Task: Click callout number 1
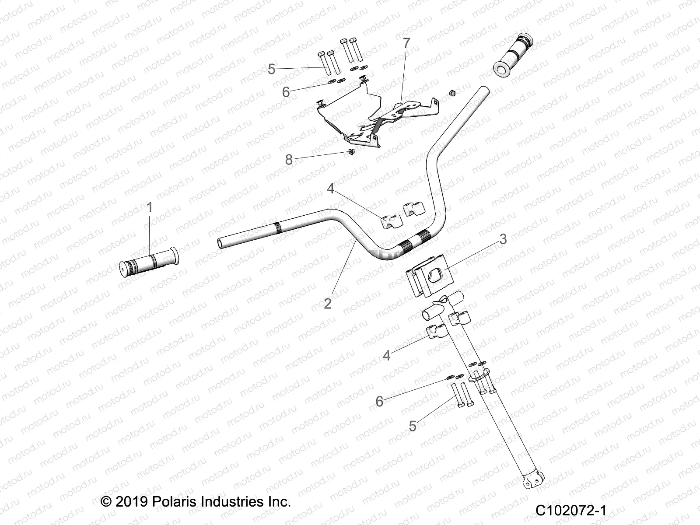coord(150,207)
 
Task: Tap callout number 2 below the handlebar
coord(328,303)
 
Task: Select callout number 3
coord(503,239)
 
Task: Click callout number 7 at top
coord(406,43)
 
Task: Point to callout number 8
coord(289,160)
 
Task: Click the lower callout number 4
coord(386,355)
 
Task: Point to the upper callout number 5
coord(272,69)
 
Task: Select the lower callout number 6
coord(379,401)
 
